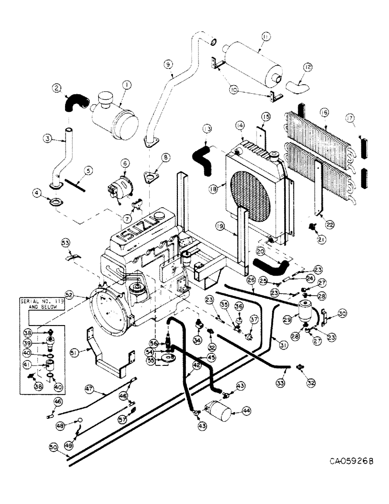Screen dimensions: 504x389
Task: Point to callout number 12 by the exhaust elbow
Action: click(308, 67)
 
